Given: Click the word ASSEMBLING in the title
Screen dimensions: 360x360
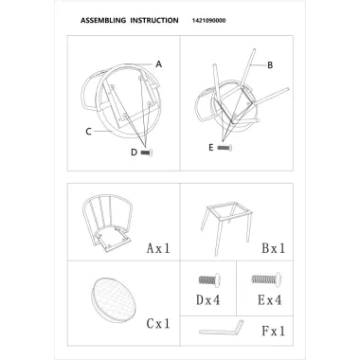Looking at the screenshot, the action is tap(103, 21).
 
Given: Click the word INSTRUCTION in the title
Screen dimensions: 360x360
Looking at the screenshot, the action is tap(154, 21).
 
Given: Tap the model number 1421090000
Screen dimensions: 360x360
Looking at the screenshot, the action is tap(209, 21).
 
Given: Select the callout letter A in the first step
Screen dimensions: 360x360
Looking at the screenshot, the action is tap(159, 64).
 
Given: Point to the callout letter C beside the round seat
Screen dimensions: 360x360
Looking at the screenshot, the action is tap(89, 132).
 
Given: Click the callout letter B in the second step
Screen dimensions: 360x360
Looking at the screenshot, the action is tap(270, 65).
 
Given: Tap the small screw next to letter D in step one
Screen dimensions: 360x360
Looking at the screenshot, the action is tap(147, 153).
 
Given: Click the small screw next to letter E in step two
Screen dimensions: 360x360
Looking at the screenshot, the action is tap(225, 148).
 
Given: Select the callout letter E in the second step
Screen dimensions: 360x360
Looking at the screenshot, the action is tap(211, 147).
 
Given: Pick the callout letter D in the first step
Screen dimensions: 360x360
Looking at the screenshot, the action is tap(135, 153).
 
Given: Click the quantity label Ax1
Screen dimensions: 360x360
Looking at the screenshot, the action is tap(158, 248).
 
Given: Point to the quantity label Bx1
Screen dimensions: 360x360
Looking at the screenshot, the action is tap(274, 248).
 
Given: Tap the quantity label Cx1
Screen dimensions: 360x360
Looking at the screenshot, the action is tap(158, 323).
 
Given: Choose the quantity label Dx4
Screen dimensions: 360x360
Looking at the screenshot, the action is tap(208, 300).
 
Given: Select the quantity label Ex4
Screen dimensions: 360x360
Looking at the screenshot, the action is tap(270, 300).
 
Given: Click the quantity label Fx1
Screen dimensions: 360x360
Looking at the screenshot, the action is tap(274, 331).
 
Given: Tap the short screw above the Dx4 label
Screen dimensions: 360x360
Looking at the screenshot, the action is tap(209, 279).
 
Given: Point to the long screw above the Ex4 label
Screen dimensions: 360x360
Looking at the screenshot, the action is tap(267, 279).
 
